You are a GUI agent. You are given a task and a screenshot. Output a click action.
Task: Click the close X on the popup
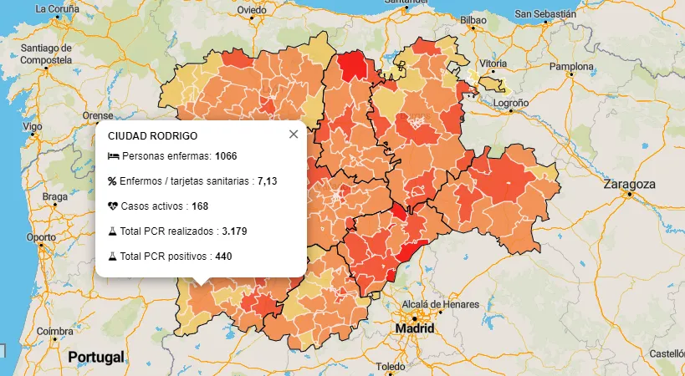[293, 134]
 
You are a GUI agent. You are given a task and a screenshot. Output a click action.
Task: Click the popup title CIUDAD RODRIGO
[152, 135]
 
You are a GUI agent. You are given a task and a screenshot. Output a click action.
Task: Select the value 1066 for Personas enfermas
[226, 156]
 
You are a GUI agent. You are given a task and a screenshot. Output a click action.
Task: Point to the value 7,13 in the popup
[267, 180]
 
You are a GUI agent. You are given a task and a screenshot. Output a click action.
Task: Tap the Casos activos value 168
[200, 206]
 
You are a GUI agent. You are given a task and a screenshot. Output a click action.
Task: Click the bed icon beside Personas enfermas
[113, 156]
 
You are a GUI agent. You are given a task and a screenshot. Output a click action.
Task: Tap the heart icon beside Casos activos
[113, 206]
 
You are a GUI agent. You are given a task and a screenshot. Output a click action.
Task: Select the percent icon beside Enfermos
[113, 180]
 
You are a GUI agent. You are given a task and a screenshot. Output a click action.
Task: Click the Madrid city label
[415, 329]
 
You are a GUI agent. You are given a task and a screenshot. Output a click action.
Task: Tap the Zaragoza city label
[631, 184]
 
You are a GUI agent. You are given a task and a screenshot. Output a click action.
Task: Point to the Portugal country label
[96, 357]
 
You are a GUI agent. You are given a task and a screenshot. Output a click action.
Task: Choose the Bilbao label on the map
[473, 18]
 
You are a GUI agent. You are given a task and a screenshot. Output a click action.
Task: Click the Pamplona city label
[571, 66]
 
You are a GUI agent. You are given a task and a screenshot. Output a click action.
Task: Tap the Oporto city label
[41, 236]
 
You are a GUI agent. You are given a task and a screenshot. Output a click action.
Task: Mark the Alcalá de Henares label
[440, 303]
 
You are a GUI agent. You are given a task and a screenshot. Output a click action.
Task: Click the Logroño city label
[511, 103]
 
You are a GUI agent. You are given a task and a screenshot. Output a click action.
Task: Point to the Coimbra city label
[54, 330]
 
